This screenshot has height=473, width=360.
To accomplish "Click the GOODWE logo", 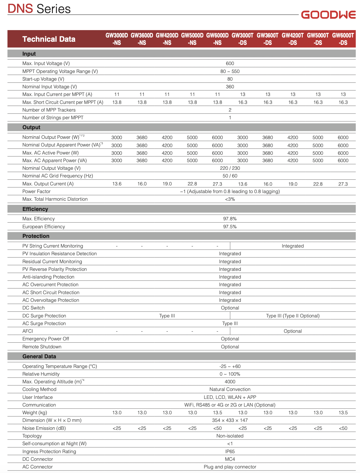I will pos(328,14).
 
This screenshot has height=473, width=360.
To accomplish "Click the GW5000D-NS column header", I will pos(192,39).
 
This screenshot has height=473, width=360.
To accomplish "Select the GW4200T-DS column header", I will pos(293,39).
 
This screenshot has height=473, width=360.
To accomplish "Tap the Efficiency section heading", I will pos(35,209).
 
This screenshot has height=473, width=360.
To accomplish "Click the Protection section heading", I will pos(36,236).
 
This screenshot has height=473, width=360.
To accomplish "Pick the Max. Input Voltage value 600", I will pos(230,63).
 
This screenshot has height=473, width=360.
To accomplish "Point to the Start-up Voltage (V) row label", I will pos(43,79).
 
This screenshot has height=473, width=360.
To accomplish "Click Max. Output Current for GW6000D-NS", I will pos(217,184).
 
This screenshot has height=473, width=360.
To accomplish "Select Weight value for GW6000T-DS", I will pos(343,413).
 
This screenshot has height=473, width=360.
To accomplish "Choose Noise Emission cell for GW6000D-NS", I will pos(217,428).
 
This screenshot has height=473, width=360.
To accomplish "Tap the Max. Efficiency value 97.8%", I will pos(230,219).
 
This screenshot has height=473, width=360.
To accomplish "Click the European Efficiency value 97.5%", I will pos(230,227).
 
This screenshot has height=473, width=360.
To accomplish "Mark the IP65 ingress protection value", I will pos(230,451).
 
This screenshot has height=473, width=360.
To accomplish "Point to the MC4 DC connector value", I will pos(230,459).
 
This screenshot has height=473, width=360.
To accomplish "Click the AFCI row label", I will pos(28,331).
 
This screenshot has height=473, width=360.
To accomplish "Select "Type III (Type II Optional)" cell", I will pos(293,316).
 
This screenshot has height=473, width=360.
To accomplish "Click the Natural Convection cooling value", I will pos(230,389).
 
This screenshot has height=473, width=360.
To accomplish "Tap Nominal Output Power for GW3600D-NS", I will pos(142,137).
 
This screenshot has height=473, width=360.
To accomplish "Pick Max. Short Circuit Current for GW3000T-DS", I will pos(243,102).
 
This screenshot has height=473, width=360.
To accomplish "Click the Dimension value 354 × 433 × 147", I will pos(230,420).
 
